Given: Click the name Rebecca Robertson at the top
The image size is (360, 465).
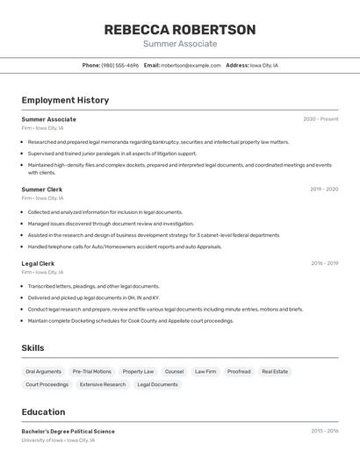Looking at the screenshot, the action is coord(180,30).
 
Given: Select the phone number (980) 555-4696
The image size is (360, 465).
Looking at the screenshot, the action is coord(119,65).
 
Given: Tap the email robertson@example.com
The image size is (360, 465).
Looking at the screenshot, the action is coord(191,65).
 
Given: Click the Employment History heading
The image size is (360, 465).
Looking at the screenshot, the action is coord(65,100).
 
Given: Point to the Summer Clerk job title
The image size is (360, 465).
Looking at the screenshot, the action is coord(42,190).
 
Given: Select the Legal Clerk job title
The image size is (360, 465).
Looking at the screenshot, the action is coord(39,263).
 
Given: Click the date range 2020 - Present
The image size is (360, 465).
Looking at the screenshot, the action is coord(320,119).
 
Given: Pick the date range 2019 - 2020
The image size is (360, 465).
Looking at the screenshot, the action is coord(324,190).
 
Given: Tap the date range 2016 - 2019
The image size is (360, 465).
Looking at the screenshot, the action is coord(324,263).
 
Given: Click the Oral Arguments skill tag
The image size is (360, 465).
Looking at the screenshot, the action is coord(43,371).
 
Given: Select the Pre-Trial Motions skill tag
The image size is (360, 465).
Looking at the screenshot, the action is coord(92,371).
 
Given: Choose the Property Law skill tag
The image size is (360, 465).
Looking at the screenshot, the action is coord(138,371).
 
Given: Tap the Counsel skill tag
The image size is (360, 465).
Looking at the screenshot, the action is coord(174,371).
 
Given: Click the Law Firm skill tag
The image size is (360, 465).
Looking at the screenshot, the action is coord(205,371).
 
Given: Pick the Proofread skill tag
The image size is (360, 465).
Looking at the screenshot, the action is coord(239,371).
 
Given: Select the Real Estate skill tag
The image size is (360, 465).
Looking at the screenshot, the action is coord(275,371).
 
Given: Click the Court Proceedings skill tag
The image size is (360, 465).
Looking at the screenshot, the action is coord(47,384).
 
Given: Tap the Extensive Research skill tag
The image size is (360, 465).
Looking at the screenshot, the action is coord(103,384).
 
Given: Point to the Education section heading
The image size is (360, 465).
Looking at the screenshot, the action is coord(44,412).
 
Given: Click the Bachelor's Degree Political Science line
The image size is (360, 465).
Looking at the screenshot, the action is coord(68,432).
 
